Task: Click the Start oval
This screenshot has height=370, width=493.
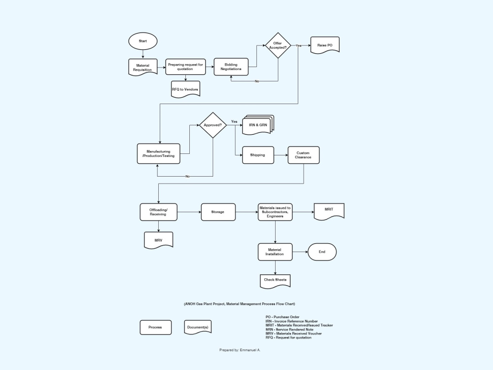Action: tap(142, 41)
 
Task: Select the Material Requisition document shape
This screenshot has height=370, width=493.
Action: tap(142, 67)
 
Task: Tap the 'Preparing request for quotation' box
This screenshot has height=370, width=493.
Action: tap(185, 66)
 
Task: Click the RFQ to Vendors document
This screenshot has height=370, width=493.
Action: tap(185, 89)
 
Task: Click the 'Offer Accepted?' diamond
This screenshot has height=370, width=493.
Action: tap(278, 45)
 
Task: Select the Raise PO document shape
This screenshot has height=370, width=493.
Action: tap(325, 45)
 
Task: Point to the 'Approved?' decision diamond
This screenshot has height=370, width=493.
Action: tap(212, 125)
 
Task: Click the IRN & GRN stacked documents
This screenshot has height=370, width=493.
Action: tap(257, 125)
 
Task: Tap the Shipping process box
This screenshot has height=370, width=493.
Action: tap(257, 155)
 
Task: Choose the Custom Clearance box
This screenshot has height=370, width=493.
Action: tap(303, 155)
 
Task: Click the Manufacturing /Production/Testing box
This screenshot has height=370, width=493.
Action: tap(158, 154)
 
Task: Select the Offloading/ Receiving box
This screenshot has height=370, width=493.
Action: tap(158, 212)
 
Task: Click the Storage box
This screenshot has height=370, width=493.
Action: tap(218, 212)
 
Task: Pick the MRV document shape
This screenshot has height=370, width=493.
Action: tap(158, 240)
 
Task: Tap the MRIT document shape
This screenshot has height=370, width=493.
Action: tap(329, 210)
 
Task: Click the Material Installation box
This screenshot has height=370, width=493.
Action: tap(275, 252)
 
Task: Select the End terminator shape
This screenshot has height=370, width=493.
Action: tap(322, 252)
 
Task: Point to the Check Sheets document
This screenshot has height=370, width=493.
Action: tap(275, 280)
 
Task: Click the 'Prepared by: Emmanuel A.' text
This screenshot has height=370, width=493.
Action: tap(240, 350)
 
